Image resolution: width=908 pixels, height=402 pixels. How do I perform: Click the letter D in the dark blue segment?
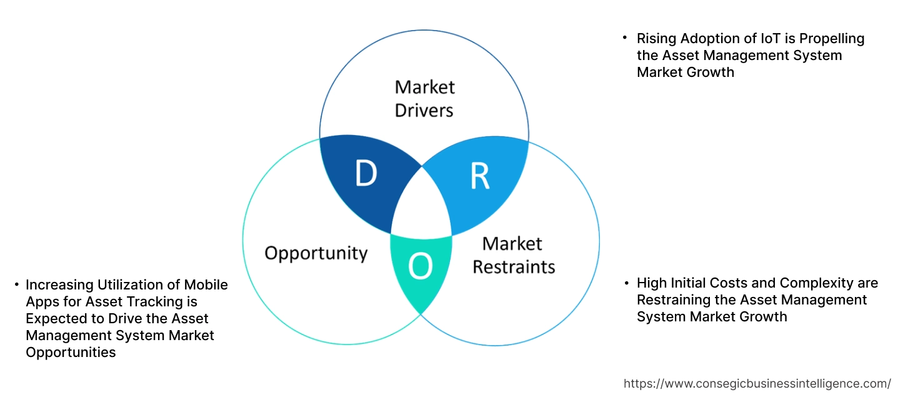click(366, 174)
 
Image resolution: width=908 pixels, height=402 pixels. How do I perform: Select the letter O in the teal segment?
click(420, 267)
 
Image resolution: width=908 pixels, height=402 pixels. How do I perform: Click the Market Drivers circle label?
click(425, 99)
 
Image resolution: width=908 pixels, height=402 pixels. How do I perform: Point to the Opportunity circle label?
click(316, 253)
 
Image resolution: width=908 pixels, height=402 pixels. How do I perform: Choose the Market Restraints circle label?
click(513, 255)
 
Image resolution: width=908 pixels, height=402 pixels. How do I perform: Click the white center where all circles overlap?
click(422, 206)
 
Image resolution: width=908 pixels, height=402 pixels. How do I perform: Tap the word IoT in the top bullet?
click(754, 39)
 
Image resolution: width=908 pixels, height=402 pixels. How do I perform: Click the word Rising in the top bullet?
click(656, 39)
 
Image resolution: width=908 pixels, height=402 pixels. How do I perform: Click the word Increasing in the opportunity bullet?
click(59, 285)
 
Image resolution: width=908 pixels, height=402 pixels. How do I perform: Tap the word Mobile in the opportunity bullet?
click(206, 285)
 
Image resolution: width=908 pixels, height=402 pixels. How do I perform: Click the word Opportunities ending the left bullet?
click(71, 353)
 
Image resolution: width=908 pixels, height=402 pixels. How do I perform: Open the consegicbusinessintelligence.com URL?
click(757, 383)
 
